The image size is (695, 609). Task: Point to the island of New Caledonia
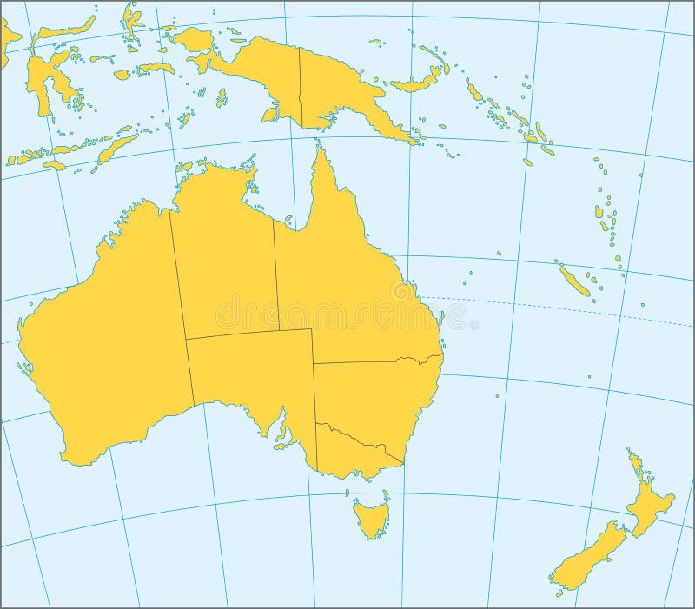(576, 281)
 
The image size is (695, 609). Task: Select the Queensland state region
(347, 287)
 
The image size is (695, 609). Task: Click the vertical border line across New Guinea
(301, 87)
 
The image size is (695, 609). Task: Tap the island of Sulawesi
(43, 74)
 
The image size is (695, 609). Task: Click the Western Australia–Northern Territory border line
(177, 269)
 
